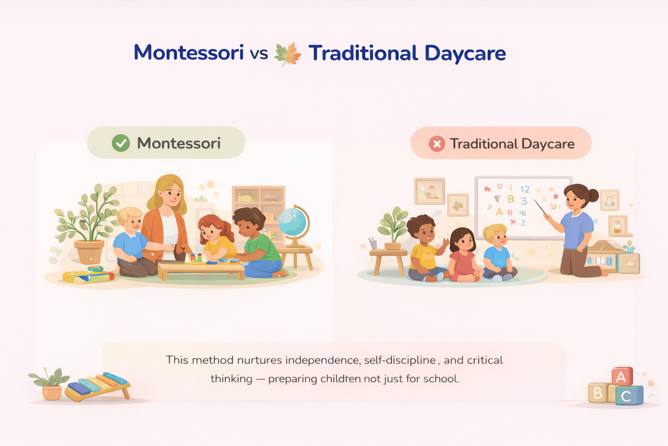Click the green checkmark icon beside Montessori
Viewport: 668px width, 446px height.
click(121, 143)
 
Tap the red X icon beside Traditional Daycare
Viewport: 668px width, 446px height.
click(437, 144)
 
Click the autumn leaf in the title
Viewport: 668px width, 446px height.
click(288, 54)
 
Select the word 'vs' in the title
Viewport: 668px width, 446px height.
click(259, 54)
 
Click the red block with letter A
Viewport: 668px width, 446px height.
click(622, 376)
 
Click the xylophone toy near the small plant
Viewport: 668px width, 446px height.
click(97, 386)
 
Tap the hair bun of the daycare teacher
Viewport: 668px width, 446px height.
click(593, 195)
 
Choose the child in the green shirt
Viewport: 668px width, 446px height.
click(257, 243)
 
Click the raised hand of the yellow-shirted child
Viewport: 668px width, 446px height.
click(445, 242)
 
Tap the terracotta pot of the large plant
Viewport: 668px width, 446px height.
click(89, 251)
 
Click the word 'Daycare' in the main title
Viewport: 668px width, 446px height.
click(465, 54)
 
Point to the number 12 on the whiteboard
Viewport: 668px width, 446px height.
click(524, 189)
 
